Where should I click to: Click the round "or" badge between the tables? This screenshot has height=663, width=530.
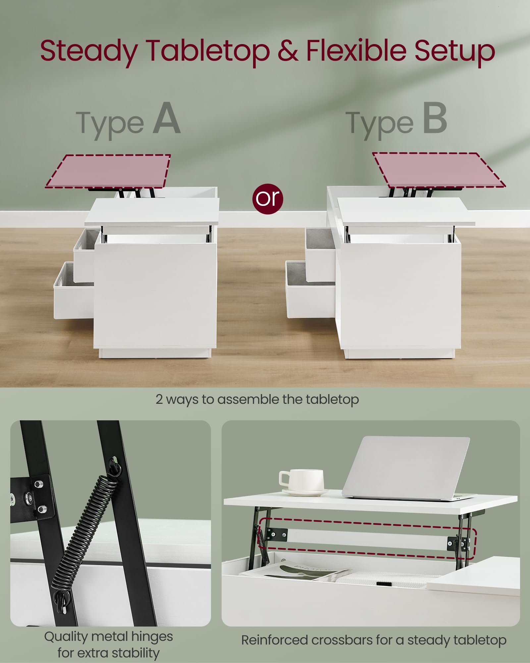268,199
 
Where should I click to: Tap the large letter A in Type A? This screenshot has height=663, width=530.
167,118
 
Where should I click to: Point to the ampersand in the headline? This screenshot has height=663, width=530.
288,50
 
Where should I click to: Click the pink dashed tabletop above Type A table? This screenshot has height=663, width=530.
108,171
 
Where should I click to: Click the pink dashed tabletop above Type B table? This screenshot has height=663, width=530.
439,170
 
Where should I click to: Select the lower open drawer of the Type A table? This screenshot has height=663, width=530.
74,290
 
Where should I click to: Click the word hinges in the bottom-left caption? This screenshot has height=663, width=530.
152,637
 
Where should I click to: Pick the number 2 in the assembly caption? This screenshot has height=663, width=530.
159,399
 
